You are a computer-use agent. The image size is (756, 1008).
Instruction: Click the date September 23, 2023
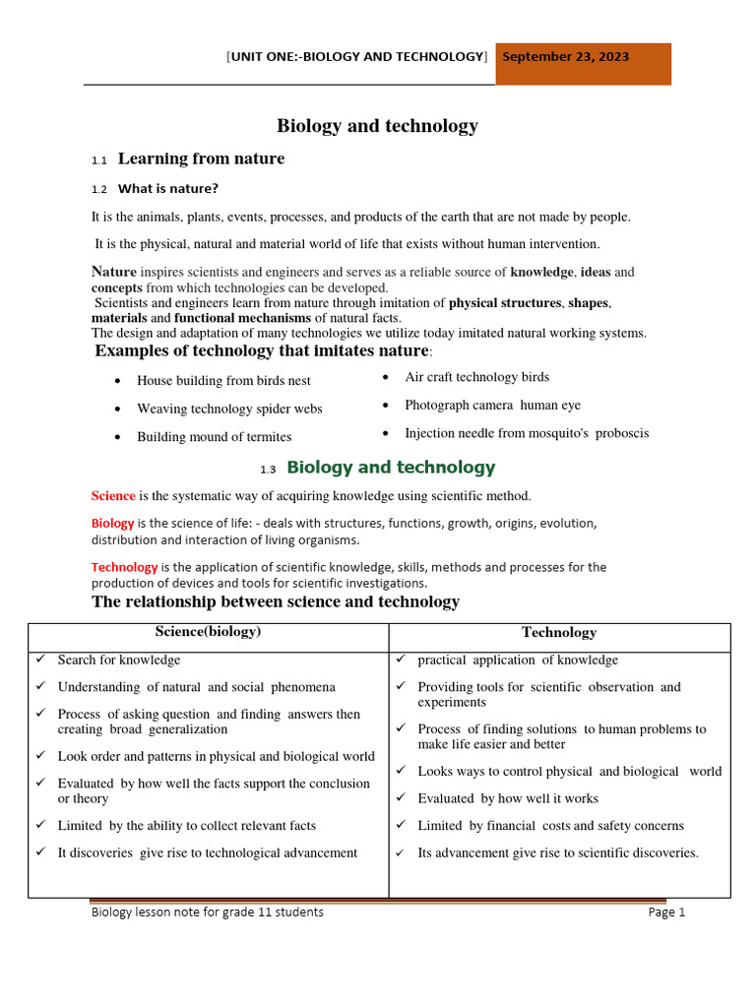565,57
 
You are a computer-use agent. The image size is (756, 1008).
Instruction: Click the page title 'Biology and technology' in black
377,125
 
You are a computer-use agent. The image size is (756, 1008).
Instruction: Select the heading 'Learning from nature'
201,158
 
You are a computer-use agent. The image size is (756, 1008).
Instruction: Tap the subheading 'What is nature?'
167,188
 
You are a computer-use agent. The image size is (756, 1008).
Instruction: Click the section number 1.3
268,469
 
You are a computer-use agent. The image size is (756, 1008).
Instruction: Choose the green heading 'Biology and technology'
391,468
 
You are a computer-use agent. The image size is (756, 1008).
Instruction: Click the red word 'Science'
113,496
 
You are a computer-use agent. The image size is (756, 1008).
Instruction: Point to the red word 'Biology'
113,523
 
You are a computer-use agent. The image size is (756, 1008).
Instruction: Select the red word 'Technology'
124,567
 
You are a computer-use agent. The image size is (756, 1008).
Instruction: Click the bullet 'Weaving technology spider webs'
229,409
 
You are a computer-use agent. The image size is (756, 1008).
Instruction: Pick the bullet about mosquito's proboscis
527,433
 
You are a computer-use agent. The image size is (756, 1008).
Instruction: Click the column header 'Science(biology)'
208,632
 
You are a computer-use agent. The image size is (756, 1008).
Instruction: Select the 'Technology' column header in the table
558,633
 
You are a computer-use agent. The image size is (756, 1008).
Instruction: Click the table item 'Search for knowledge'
119,660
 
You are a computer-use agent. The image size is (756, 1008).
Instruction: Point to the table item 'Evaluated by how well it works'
507,798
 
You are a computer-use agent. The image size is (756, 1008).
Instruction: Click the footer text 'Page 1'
666,913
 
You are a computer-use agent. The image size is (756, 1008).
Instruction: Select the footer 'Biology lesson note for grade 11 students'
207,913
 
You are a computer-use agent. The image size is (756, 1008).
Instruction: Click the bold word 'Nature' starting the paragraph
114,272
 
